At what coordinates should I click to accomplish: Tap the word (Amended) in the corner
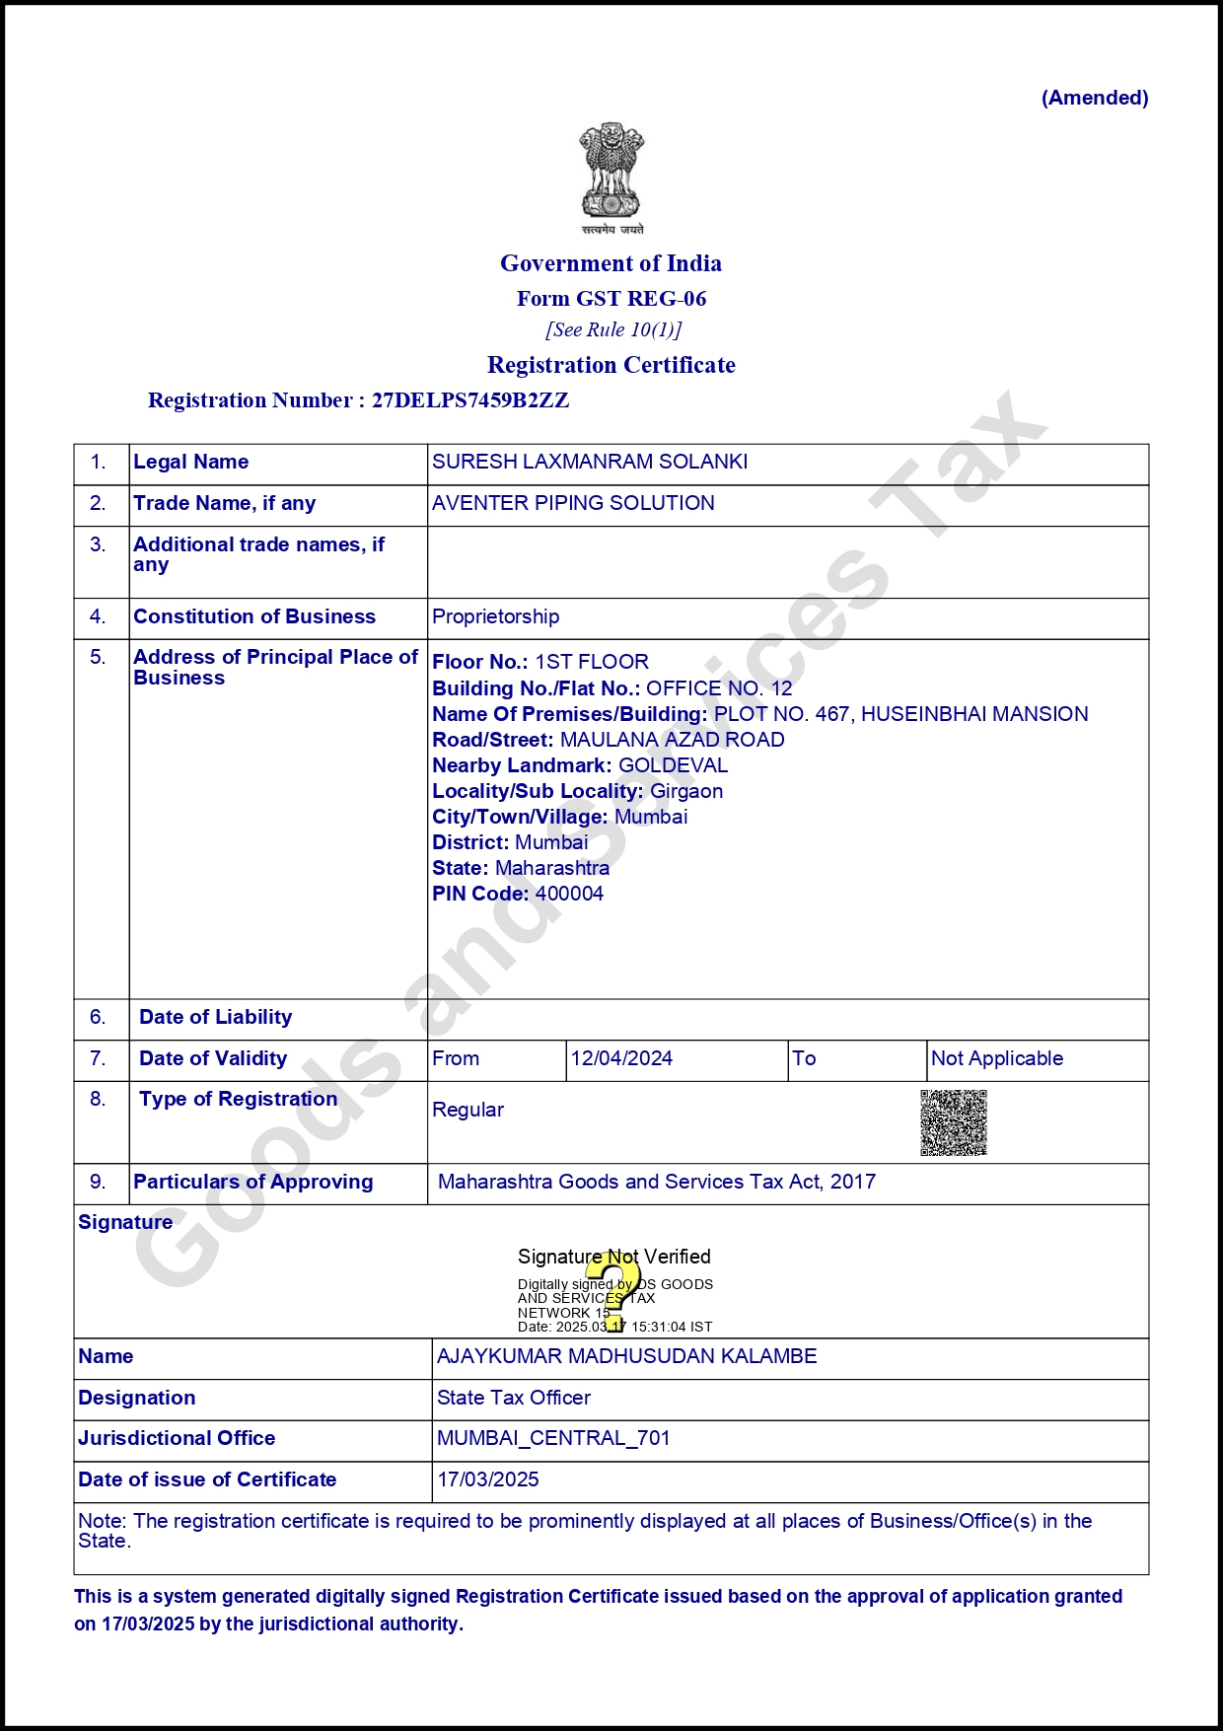click(1095, 98)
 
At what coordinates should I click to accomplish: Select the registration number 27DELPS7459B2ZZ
click(470, 400)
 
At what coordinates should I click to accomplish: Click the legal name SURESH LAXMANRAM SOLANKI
click(590, 462)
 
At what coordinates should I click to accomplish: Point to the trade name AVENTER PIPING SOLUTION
click(573, 503)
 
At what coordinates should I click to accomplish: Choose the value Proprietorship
click(495, 616)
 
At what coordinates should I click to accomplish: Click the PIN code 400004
click(569, 894)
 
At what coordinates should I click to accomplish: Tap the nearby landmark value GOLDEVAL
click(673, 765)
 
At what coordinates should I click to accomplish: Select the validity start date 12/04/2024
click(621, 1058)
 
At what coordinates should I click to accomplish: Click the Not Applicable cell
click(997, 1058)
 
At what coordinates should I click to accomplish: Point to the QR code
click(954, 1122)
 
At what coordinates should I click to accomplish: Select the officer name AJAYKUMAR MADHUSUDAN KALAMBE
click(627, 1356)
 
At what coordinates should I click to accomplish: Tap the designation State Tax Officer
click(514, 1398)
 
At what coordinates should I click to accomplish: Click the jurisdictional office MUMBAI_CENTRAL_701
click(553, 1438)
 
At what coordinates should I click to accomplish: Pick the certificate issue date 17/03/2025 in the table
click(488, 1479)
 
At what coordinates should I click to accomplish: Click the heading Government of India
click(611, 263)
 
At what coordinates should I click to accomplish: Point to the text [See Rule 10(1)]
click(613, 329)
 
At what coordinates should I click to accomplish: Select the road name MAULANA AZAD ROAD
click(672, 740)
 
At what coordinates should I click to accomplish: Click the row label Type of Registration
click(238, 1099)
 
